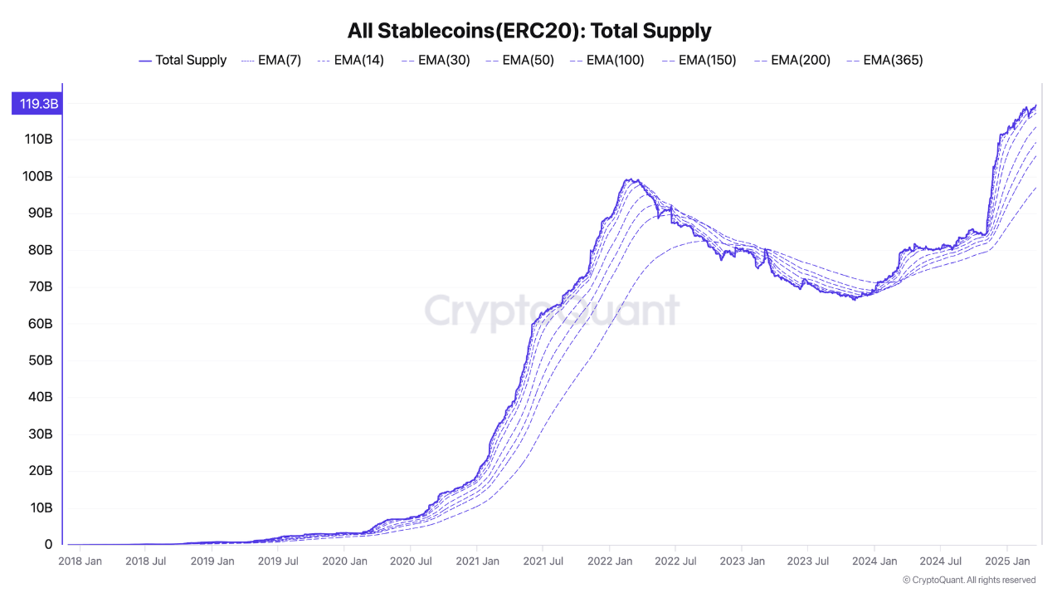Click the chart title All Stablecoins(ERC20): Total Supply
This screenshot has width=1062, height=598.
[530, 32]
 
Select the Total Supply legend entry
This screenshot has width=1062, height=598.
[183, 60]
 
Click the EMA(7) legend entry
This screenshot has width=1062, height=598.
[271, 60]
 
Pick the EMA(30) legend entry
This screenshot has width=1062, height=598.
[436, 60]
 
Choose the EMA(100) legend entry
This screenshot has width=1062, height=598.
[607, 60]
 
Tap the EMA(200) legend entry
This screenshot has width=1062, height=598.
[792, 60]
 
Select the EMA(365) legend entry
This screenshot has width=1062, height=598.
[884, 60]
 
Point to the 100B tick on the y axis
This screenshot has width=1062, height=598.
[38, 176]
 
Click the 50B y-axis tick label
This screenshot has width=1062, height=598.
[40, 360]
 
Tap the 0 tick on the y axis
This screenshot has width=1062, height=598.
[49, 545]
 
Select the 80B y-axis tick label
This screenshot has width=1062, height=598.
[40, 250]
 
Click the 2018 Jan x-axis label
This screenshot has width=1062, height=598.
[80, 561]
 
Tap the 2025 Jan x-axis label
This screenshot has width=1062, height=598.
[1007, 561]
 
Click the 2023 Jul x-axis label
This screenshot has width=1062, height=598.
[808, 561]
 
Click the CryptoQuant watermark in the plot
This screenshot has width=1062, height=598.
[552, 311]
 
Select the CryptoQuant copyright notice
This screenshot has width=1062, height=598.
[968, 580]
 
